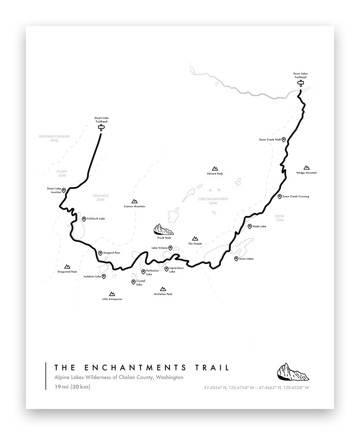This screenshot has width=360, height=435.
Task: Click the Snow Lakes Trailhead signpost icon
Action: click(300, 83)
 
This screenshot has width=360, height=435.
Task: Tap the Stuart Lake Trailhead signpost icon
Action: click(102, 128)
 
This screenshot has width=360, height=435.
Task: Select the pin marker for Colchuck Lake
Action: click(84, 219)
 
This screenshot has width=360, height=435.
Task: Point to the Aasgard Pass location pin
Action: click(100, 253)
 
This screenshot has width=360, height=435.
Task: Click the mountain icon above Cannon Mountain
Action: click(134, 201)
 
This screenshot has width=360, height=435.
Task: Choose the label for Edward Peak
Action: click(215, 174)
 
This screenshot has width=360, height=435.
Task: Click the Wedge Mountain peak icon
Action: click(306, 167)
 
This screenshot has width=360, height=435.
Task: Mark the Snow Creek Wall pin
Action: click(283, 140)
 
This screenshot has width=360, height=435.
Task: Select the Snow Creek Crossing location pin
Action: click(279, 196)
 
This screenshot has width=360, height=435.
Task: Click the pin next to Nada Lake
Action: click(249, 226)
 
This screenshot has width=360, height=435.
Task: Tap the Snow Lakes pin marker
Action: click(236, 259)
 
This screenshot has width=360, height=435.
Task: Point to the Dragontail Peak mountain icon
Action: click(68, 266)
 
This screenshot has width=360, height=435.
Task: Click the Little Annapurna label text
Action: click(112, 299)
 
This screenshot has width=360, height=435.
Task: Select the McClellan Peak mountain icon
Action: click(163, 288)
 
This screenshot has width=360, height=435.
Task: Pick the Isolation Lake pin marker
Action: click(104, 276)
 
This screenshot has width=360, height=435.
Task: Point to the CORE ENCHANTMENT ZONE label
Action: click(213, 201)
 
